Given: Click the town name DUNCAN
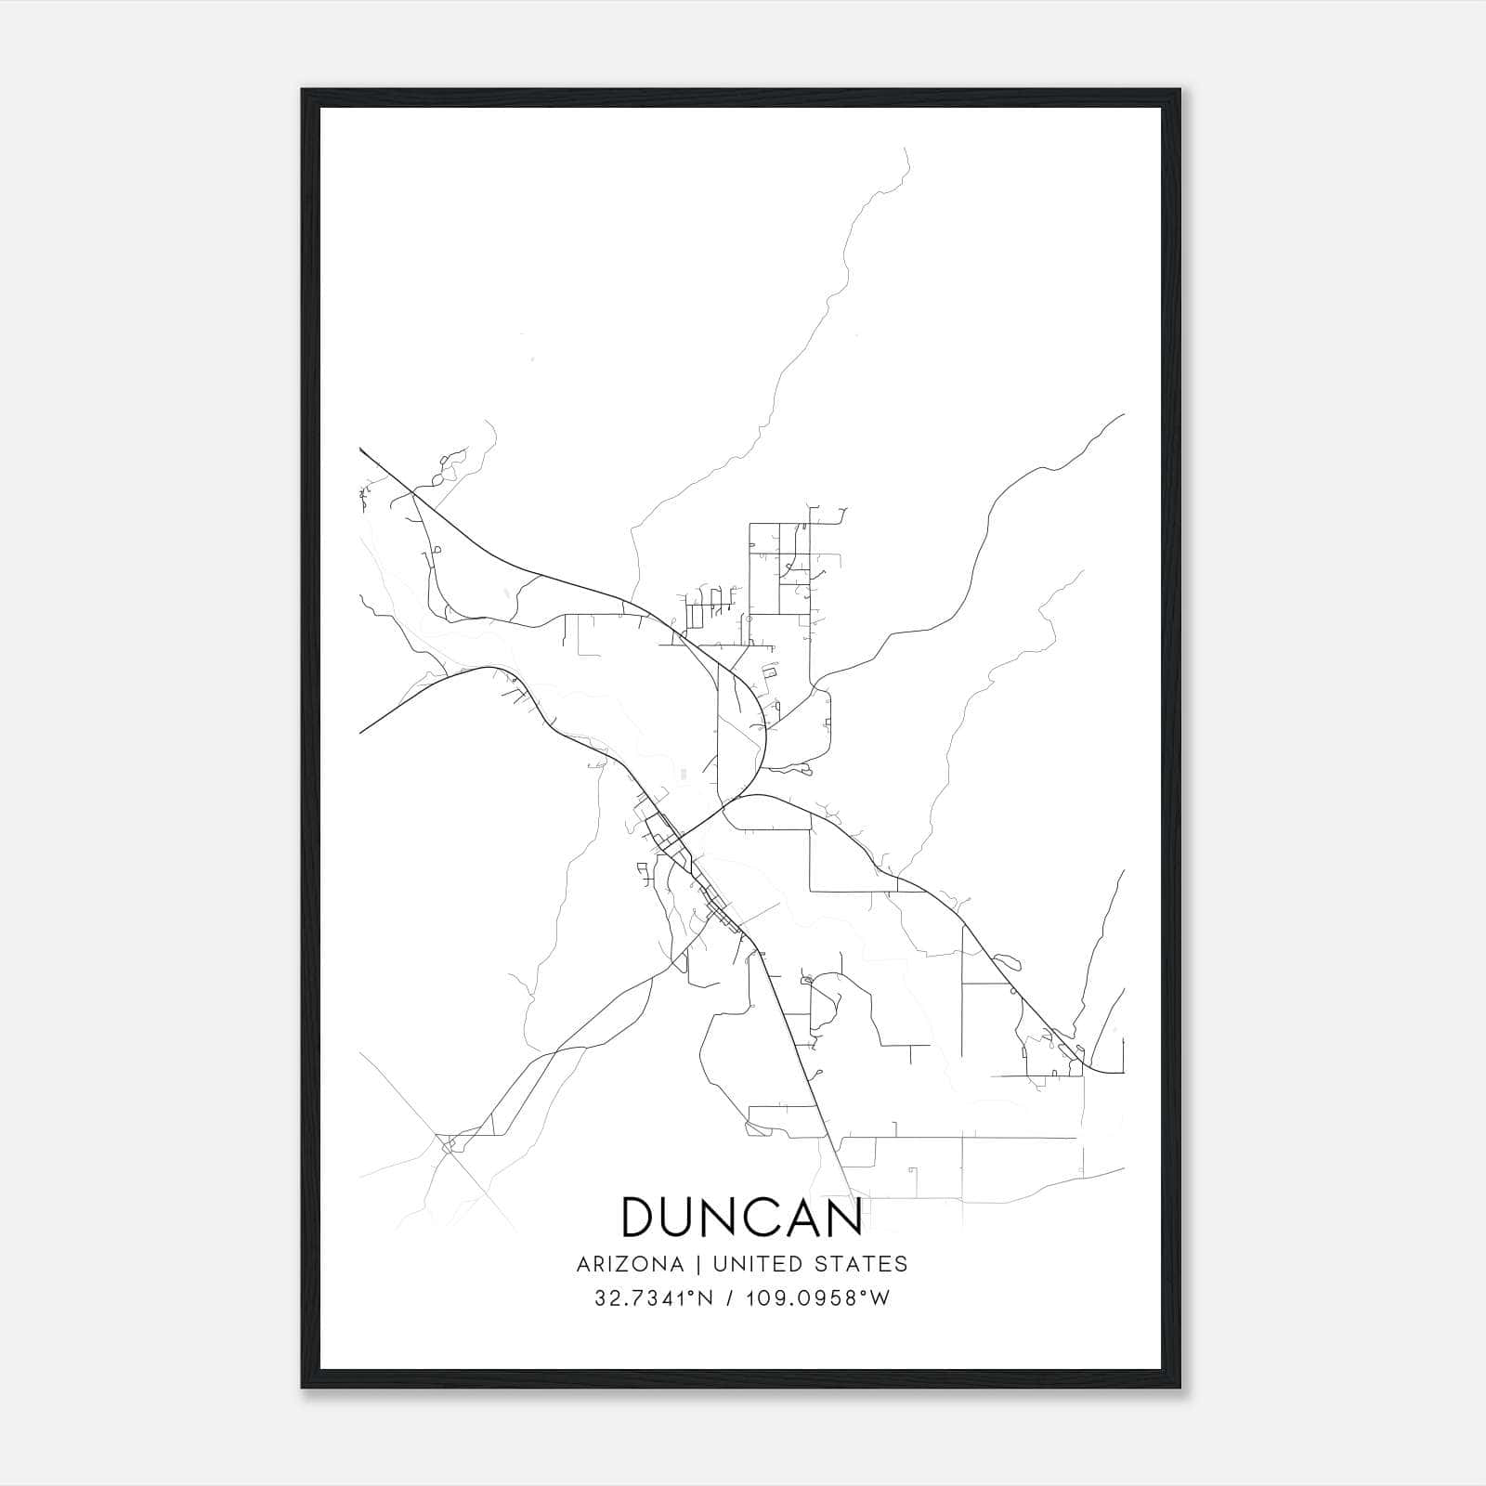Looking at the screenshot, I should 742,1217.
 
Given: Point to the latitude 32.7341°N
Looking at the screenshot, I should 654,1298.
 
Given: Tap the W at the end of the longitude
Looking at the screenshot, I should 881,1298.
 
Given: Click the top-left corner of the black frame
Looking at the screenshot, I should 303,90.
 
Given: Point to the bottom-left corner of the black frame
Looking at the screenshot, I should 303,1387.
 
